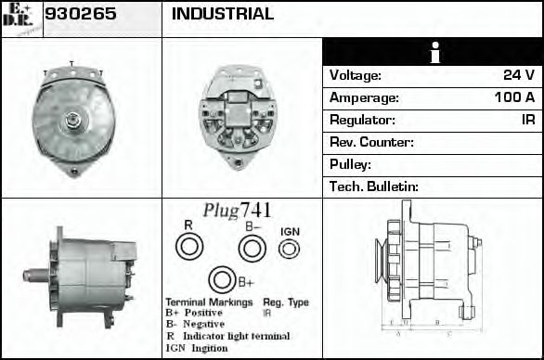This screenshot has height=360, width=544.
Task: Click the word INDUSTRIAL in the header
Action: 223,15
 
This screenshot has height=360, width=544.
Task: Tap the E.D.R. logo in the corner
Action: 20,18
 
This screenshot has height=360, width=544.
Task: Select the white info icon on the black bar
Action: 432,53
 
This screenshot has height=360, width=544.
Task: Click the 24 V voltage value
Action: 517,75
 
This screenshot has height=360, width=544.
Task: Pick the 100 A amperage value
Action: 513,97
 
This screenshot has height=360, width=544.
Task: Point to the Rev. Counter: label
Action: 371,142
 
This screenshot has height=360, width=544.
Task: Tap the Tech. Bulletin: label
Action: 374,186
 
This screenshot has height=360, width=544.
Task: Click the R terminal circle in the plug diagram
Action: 188,247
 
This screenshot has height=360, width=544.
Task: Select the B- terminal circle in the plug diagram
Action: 252,248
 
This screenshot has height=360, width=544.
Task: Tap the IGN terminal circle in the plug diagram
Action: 291,248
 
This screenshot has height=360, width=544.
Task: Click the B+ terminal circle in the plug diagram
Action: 221,280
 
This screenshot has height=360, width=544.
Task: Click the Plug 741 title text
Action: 237,211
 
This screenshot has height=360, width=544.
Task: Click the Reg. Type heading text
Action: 286,302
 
